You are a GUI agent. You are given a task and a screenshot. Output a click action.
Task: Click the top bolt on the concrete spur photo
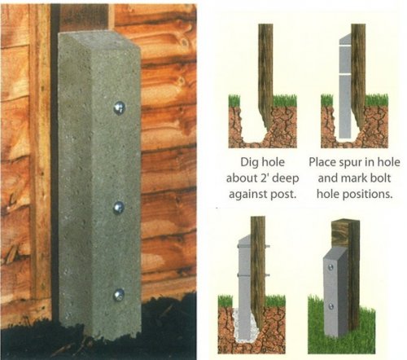119,108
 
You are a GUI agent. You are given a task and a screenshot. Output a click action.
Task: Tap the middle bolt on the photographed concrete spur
119,208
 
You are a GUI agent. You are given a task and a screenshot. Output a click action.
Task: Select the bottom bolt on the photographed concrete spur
119,295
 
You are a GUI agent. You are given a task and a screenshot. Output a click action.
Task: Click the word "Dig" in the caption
248,163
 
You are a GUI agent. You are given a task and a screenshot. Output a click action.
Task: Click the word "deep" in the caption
286,179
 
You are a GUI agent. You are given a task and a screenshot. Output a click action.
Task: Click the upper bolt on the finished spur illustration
330,267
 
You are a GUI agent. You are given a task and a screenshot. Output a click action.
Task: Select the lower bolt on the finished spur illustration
331,306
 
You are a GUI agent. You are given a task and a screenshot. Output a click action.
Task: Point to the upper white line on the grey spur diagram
346,46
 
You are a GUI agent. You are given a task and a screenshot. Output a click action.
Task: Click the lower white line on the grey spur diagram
346,74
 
